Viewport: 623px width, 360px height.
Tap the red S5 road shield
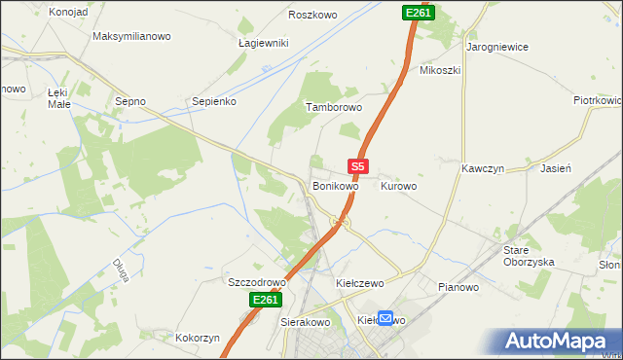358,167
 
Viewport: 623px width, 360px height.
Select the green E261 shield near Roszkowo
418,12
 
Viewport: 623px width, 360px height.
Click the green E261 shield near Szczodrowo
265,301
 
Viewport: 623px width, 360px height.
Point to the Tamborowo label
334,107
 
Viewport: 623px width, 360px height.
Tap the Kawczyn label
482,167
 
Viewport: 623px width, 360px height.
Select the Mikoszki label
439,70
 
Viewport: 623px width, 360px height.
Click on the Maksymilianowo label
131,36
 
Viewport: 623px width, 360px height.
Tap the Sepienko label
214,100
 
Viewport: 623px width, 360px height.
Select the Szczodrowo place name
256,282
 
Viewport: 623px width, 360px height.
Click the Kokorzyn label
198,338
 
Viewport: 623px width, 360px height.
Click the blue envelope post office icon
386,318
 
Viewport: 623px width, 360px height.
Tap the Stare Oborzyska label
529,256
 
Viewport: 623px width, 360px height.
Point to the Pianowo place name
458,287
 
